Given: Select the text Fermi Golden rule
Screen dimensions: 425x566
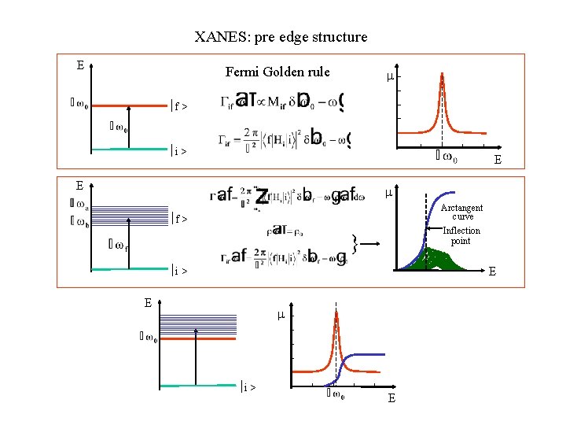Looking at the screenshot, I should pyautogui.click(x=277, y=72).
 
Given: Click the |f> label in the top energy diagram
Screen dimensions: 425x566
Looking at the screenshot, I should pyautogui.click(x=179, y=105).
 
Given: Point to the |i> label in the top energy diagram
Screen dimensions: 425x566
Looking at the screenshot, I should pyautogui.click(x=179, y=150).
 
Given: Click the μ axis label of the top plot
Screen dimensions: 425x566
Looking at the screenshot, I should pyautogui.click(x=389, y=77).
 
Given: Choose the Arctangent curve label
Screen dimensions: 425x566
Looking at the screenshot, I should pyautogui.click(x=461, y=212).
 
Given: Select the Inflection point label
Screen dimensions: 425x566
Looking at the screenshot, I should pyautogui.click(x=461, y=235).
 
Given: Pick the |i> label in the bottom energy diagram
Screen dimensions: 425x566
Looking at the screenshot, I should pyautogui.click(x=249, y=386).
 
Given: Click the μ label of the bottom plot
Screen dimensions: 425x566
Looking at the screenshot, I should pyautogui.click(x=279, y=315).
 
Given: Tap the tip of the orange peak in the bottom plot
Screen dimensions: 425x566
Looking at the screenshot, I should pyautogui.click(x=336, y=312).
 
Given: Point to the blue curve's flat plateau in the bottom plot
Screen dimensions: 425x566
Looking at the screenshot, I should pyautogui.click(x=369, y=355).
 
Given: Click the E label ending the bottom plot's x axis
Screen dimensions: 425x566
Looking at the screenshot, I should pyautogui.click(x=391, y=399).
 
